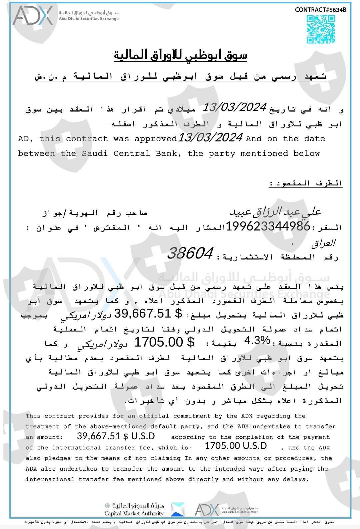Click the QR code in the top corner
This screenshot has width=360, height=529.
[x=321, y=29]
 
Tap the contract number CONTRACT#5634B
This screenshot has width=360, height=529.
[x=320, y=10]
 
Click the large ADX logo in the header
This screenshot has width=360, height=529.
[x=33, y=16]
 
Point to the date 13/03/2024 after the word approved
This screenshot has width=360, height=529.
[x=210, y=137]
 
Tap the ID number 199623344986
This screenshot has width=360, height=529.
[x=268, y=226]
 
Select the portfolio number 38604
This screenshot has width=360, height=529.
[x=190, y=253]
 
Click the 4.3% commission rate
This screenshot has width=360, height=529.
[x=257, y=341]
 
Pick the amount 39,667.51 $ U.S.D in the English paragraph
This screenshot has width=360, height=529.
[x=116, y=436]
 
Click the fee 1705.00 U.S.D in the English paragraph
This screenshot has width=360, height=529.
[x=235, y=446]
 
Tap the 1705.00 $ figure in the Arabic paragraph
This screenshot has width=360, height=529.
[x=164, y=342]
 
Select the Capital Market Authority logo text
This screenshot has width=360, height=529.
[x=134, y=513]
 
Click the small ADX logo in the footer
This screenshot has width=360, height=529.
[x=207, y=510]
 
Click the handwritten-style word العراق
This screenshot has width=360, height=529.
[x=323, y=243]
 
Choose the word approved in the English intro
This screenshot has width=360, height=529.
[x=156, y=139]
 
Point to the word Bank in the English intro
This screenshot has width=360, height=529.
[x=168, y=153]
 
